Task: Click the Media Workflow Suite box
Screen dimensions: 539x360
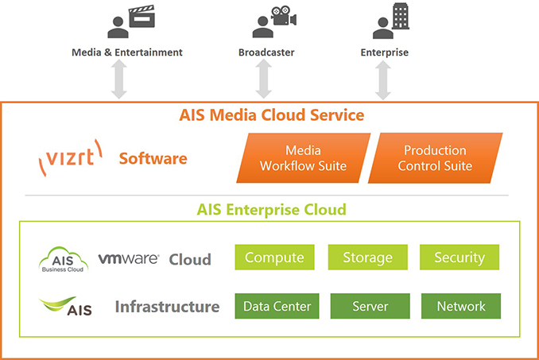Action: pos(304,158)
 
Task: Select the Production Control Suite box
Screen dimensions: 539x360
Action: pos(435,158)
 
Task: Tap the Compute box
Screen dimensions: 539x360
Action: pos(274,257)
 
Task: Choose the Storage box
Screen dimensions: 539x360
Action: pos(368,257)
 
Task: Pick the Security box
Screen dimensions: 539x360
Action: pos(460,257)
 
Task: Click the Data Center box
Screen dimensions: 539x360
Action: pos(277,306)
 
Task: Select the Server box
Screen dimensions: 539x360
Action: pos(370,306)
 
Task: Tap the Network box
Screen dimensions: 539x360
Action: pos(461,306)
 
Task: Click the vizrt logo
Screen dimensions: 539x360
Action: pos(71,158)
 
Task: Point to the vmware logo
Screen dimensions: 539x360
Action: pos(129,258)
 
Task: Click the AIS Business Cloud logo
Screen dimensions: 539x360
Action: pos(63,260)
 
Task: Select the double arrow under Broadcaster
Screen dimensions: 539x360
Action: pos(264,79)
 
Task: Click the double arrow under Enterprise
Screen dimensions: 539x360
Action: pos(383,79)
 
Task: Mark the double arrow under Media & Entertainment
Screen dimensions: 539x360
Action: pos(119,79)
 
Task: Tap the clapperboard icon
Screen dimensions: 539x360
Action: pos(142,16)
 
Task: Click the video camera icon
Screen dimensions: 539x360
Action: pos(284,15)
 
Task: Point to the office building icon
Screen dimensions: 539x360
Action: pos(401,16)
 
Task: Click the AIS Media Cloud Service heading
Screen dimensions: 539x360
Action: pos(272,114)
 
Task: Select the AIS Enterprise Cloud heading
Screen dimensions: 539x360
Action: pos(272,210)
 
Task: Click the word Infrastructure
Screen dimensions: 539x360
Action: pos(168,307)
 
